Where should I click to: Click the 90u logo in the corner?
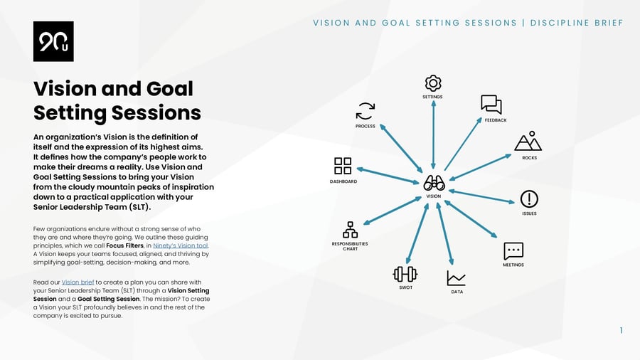click(53, 41)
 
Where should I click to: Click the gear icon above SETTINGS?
click(433, 83)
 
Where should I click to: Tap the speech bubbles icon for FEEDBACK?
click(491, 105)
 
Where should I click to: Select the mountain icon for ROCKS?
click(528, 142)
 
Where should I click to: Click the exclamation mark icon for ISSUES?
click(529, 198)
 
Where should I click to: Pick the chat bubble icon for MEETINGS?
click(513, 250)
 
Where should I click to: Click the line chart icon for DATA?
click(457, 278)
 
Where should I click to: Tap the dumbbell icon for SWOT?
click(405, 274)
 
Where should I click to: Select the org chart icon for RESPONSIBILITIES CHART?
click(350, 230)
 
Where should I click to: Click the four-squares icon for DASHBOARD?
click(343, 166)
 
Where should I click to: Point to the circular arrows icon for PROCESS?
click(365, 111)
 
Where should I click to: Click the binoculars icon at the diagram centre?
click(434, 183)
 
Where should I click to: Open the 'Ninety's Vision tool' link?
click(181, 245)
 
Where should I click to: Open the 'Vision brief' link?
click(78, 282)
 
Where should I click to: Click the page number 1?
click(621, 330)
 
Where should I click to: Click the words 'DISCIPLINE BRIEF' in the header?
click(577, 23)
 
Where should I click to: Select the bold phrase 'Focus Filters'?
click(125, 245)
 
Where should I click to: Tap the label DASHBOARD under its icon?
click(343, 181)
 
